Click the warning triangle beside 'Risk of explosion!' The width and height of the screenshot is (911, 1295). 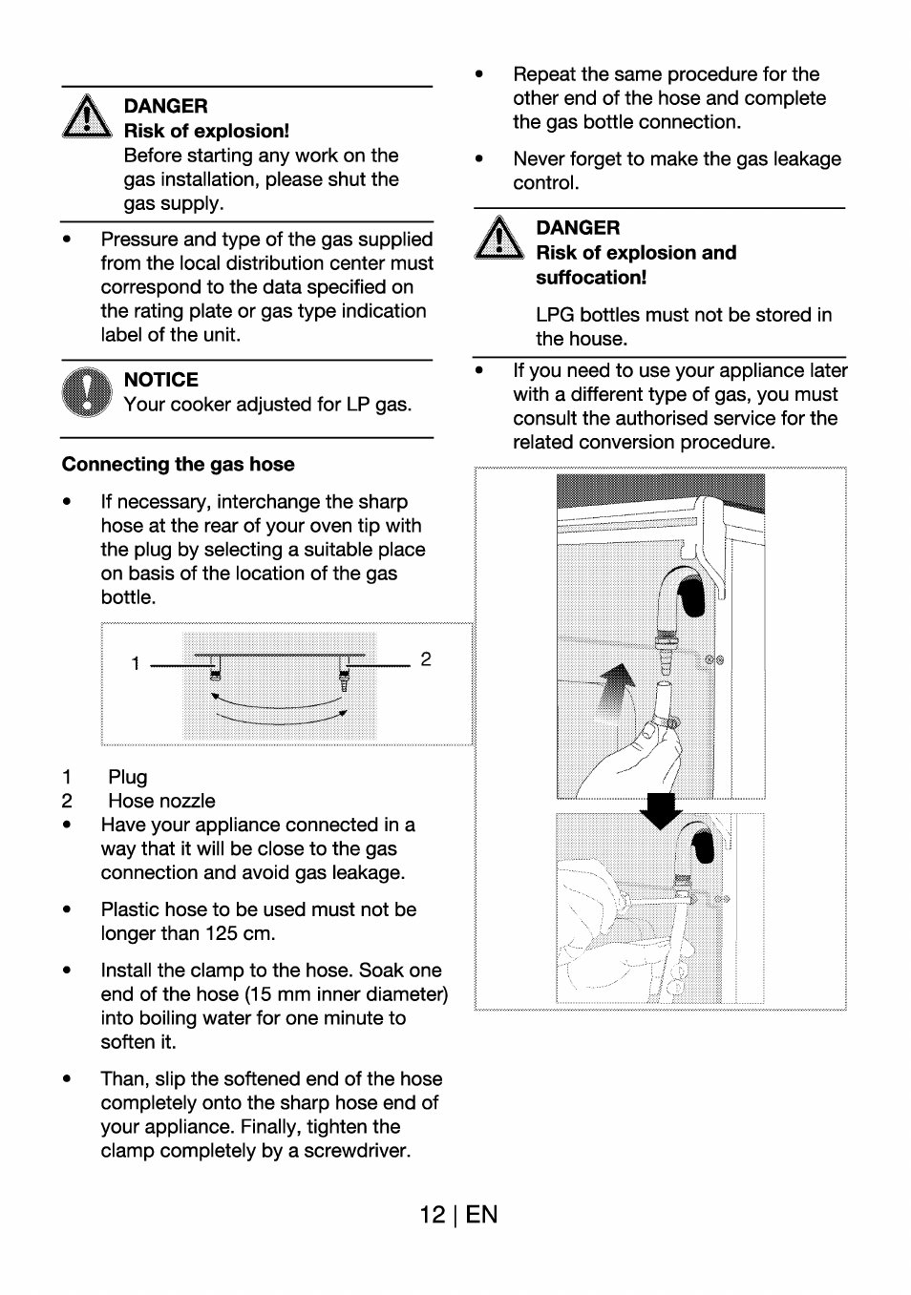point(87,119)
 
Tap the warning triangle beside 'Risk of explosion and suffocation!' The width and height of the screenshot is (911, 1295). point(498,240)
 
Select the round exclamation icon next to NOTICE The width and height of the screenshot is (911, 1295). point(87,392)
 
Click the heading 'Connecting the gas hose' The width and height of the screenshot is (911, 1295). point(179,465)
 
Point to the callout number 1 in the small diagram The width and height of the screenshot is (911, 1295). point(136,663)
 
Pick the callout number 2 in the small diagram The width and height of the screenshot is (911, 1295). point(426,659)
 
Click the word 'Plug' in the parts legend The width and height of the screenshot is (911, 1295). point(128,777)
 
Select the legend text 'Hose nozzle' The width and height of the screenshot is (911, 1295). point(161,801)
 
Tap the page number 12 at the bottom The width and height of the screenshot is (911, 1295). point(432,1214)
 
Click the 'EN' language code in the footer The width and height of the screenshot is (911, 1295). point(482,1214)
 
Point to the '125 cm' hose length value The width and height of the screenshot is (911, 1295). point(240,933)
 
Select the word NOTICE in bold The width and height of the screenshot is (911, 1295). point(161,380)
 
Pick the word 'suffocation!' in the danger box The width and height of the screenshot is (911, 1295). point(591,278)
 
